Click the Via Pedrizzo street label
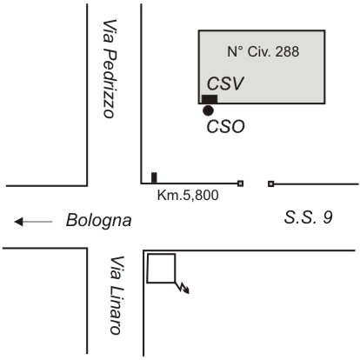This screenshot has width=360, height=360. [x=110, y=69]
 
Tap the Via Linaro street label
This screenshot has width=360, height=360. [x=117, y=295]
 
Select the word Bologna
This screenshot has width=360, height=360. [x=99, y=221]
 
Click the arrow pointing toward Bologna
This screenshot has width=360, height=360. [x=33, y=222]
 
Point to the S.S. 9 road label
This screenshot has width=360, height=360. [x=308, y=217]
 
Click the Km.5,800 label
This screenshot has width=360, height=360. [x=188, y=196]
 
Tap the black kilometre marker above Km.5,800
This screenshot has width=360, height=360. [x=154, y=177]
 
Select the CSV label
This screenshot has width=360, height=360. [x=225, y=83]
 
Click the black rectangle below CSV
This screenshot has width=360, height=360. [x=210, y=99]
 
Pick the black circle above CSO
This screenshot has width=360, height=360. [x=208, y=110]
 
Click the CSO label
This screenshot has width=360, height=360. [x=226, y=127]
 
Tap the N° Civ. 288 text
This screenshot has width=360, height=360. [x=263, y=51]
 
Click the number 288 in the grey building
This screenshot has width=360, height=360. [x=287, y=51]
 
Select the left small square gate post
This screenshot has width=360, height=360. [x=240, y=183]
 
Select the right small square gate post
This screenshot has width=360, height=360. [x=270, y=183]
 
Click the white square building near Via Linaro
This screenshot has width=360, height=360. [x=161, y=254]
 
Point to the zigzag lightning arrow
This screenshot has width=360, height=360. [x=183, y=287]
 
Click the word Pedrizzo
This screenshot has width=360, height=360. [x=110, y=83]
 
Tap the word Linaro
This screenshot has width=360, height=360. [x=117, y=310]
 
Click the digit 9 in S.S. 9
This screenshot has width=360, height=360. [x=328, y=217]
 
